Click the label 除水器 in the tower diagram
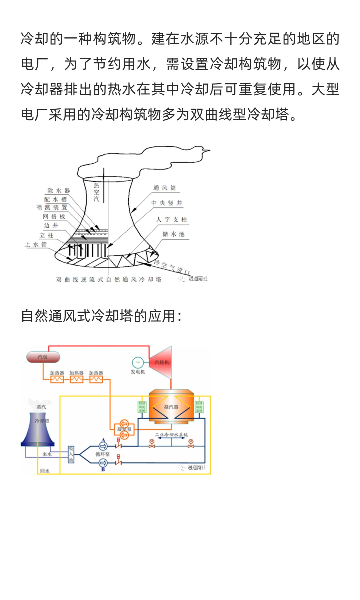[58, 191]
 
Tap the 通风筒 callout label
[164, 188]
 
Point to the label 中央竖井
[167, 203]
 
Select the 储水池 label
[173, 234]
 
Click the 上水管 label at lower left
[36, 245]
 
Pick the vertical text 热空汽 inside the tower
[96, 192]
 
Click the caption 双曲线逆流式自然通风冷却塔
[109, 279]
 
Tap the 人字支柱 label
[172, 219]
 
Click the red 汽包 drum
[43, 357]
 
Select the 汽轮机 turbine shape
[162, 362]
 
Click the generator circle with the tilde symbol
[138, 362]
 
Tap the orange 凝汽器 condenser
[171, 407]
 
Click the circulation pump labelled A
[103, 446]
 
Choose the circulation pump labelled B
[103, 463]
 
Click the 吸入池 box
[71, 454]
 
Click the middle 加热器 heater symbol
[76, 379]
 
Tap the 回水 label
[45, 471]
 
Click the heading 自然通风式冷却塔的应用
[101, 316]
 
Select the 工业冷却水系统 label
[171, 435]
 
